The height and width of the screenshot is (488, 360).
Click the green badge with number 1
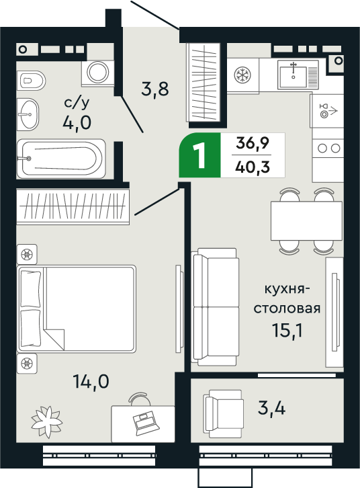[x=199, y=156]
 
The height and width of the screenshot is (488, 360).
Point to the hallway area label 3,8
[x=154, y=89]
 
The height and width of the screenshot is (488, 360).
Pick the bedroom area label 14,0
[x=91, y=382]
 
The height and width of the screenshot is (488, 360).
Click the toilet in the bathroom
[x=32, y=81]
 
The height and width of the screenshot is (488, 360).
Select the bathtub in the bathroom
[x=61, y=158]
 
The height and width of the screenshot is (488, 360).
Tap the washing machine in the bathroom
[x=99, y=71]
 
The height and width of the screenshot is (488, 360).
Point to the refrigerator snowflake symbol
[x=241, y=76]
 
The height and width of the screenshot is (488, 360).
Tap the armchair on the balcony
[x=223, y=407]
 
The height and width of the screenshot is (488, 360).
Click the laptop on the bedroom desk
[x=143, y=423]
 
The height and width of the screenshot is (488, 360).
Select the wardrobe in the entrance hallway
[x=204, y=82]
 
